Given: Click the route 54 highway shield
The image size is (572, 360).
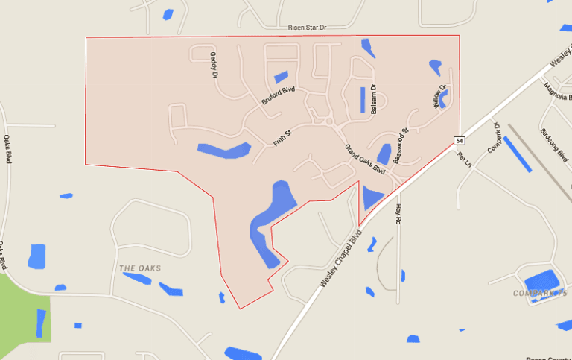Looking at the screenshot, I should [460, 141].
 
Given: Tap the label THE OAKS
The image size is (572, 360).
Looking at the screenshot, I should [140, 268].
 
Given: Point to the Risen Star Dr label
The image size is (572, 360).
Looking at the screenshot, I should [308, 28].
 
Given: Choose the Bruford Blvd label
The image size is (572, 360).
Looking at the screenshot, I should [278, 95].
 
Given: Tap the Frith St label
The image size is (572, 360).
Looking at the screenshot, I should [282, 137].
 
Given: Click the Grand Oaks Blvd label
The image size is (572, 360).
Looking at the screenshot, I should [365, 159].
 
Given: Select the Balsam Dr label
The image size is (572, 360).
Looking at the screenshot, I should [374, 98].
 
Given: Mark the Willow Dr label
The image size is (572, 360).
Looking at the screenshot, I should [439, 96].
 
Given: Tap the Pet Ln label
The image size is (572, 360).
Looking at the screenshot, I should [465, 159].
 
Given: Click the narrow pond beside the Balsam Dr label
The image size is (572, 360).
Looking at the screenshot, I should [363, 100].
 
